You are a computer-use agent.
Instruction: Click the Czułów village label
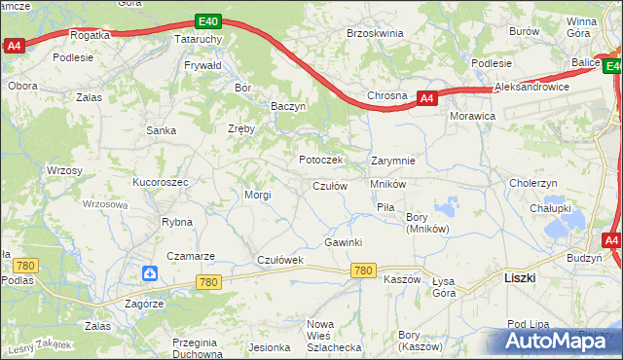[x=330, y=186]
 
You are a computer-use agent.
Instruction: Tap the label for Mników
[x=387, y=183]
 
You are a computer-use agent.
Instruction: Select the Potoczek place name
[x=320, y=160]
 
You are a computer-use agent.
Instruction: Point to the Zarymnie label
[x=393, y=161]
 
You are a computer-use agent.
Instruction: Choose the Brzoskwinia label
[x=375, y=33]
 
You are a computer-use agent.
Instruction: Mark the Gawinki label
[x=343, y=241]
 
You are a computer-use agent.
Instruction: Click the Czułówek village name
[x=279, y=260]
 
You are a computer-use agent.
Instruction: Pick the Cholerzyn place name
[x=533, y=183]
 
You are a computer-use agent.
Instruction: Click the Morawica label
[x=472, y=116]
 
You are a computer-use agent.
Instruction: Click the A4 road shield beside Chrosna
[x=426, y=97]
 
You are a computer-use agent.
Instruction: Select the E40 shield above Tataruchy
[x=205, y=20]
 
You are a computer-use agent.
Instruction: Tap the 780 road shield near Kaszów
[x=364, y=270]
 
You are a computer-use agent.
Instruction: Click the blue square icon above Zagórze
[x=148, y=275]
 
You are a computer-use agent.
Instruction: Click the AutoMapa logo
[x=554, y=342]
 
